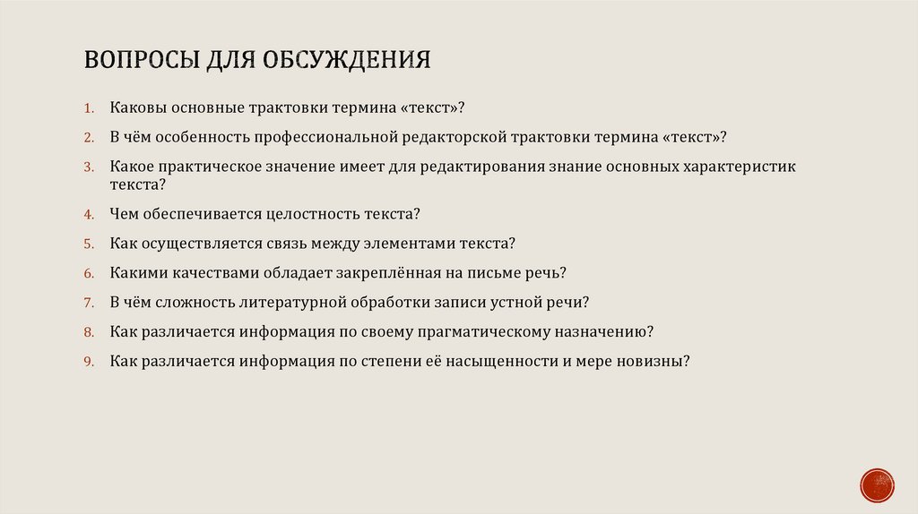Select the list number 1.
(89, 108)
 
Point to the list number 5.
(89, 244)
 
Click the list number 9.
(89, 362)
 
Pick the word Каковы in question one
(136, 107)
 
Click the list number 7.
(89, 303)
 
